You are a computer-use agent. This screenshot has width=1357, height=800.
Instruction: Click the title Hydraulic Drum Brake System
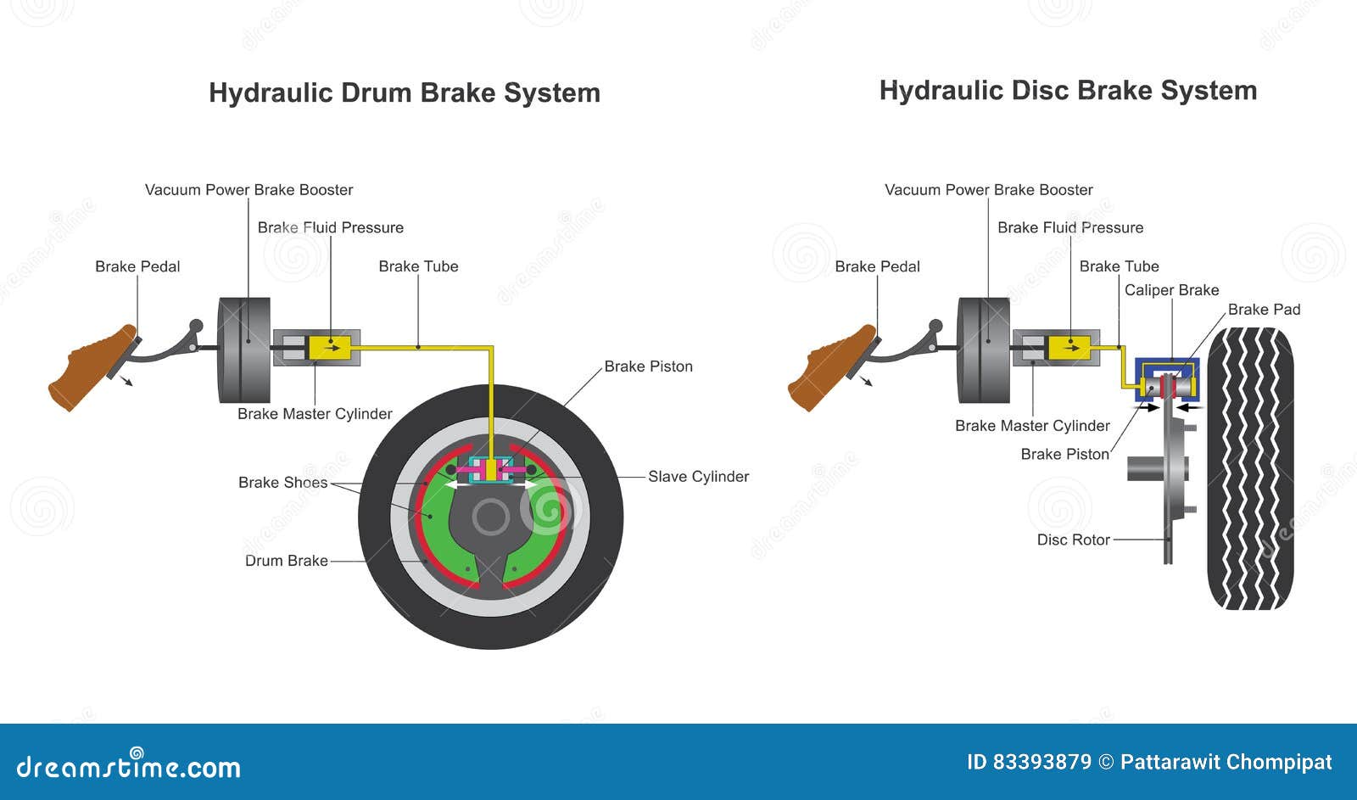[x=405, y=93]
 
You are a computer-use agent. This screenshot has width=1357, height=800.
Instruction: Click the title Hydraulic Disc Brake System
[x=1068, y=91]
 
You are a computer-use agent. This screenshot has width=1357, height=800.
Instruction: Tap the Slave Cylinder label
[x=699, y=477]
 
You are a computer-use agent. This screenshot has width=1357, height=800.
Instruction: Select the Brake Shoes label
[x=283, y=483]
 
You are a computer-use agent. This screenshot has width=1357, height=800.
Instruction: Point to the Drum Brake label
[x=287, y=561]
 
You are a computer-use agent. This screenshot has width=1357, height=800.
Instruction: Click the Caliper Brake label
[x=1171, y=289]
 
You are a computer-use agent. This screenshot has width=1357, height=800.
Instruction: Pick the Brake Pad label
[x=1264, y=309]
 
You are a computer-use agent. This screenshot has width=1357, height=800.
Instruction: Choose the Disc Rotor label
[x=1074, y=540]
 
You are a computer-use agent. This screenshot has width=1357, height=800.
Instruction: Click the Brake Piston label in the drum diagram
[x=648, y=366]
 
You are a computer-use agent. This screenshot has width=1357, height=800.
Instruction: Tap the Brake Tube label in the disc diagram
[x=1119, y=266]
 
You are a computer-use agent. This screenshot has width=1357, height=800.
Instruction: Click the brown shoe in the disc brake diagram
[x=832, y=368]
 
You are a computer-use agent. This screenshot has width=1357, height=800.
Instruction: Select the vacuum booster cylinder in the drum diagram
[x=244, y=350]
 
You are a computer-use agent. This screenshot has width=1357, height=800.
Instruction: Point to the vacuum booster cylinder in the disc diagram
[x=984, y=350]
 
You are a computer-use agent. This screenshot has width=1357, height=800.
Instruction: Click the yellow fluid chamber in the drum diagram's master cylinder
[x=330, y=348]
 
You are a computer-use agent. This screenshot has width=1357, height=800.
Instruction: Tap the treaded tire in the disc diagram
[x=1250, y=468]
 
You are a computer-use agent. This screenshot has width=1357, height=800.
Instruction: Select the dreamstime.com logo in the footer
[x=128, y=765]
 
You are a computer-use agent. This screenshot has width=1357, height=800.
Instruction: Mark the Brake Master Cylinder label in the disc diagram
[x=1032, y=426]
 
